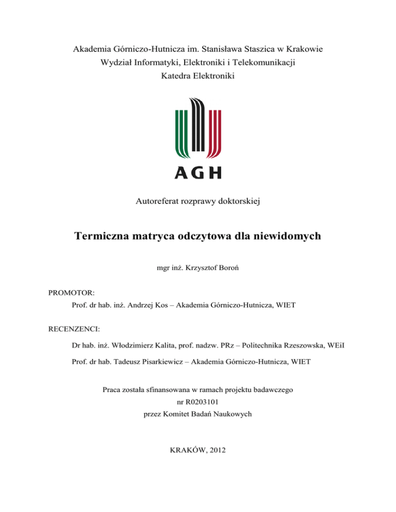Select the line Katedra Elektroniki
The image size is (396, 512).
click(197, 77)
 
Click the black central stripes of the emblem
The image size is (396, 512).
click(198, 126)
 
